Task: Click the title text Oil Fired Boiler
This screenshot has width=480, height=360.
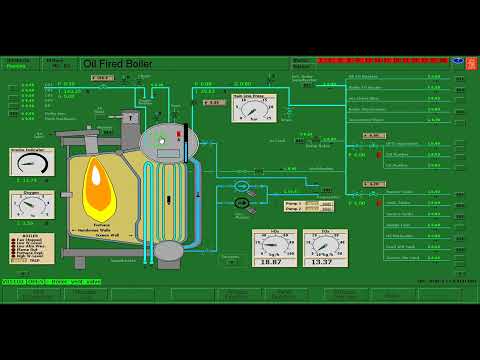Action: (118, 64)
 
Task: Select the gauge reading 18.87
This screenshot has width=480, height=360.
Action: (273, 248)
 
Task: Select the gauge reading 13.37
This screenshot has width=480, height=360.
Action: (325, 248)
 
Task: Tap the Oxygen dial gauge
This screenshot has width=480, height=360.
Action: (31, 204)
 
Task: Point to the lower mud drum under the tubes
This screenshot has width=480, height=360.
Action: (169, 250)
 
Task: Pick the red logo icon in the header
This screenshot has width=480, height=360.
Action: (471, 63)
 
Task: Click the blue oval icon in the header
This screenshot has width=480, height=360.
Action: (457, 60)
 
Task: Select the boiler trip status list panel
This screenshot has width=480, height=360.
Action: (31, 248)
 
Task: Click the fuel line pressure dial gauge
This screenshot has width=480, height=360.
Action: (254, 108)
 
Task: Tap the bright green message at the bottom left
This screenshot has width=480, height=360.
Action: (50, 282)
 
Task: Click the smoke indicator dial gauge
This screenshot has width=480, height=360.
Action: (31, 163)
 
